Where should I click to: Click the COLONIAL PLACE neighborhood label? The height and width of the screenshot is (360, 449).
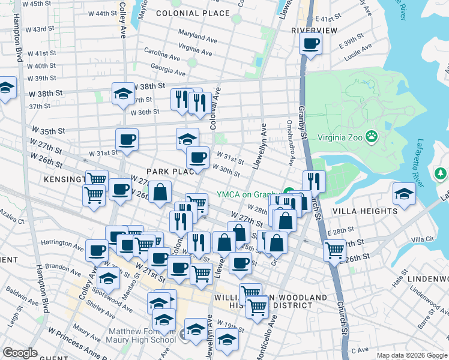pos(184,13)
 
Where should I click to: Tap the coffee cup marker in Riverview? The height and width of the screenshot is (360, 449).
pos(311,44)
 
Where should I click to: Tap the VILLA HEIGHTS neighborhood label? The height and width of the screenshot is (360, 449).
pos(373,211)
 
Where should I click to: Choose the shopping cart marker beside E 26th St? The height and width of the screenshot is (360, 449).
pos(334,249)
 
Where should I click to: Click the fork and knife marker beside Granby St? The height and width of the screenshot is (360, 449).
pos(314,181)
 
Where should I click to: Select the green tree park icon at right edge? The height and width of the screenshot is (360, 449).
pos(441,174)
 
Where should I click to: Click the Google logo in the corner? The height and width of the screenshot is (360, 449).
pos(20,353)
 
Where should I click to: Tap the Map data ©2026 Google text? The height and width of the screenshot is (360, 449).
pos(412,355)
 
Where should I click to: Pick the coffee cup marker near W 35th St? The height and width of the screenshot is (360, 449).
pos(127,140)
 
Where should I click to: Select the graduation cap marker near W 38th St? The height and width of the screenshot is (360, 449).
pos(123,94)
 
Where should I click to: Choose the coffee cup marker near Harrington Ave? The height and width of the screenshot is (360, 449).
pos(97,250)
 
